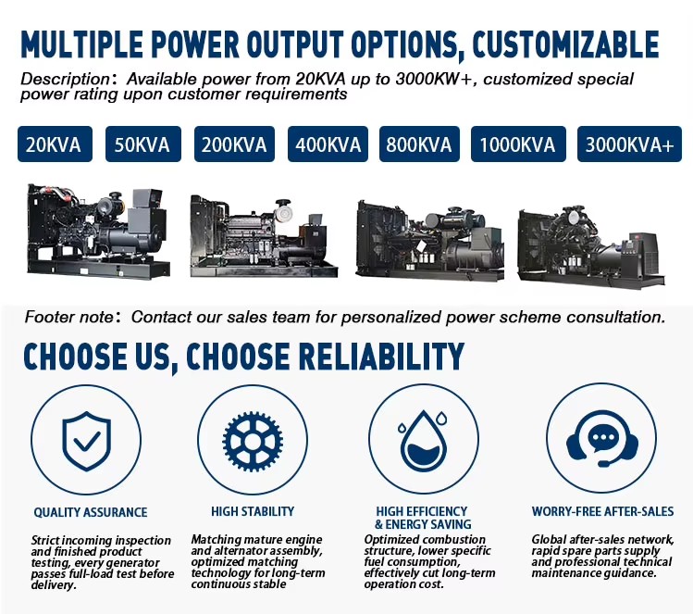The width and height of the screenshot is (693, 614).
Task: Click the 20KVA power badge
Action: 55,144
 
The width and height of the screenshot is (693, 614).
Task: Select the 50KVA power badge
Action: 142,144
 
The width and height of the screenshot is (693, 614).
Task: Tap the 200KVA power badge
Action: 234,144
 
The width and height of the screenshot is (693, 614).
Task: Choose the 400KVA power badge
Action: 328,144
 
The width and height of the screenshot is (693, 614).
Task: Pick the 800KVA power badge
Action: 419,144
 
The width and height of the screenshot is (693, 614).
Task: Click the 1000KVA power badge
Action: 518,144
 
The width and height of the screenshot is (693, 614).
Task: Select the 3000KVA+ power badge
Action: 629,144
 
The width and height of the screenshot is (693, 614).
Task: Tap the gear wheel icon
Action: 253,442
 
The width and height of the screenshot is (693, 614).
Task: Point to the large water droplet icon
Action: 424,443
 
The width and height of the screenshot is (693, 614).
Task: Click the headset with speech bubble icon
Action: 602,445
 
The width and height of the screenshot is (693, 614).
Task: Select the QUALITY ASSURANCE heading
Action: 91,512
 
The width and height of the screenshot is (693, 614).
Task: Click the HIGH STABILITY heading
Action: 253,511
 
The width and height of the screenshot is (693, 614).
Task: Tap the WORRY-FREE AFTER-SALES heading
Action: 602,511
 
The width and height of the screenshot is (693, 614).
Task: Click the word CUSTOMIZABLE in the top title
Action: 565,44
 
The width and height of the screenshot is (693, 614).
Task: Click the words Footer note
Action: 69,317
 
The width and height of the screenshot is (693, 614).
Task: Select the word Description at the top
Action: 65,79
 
